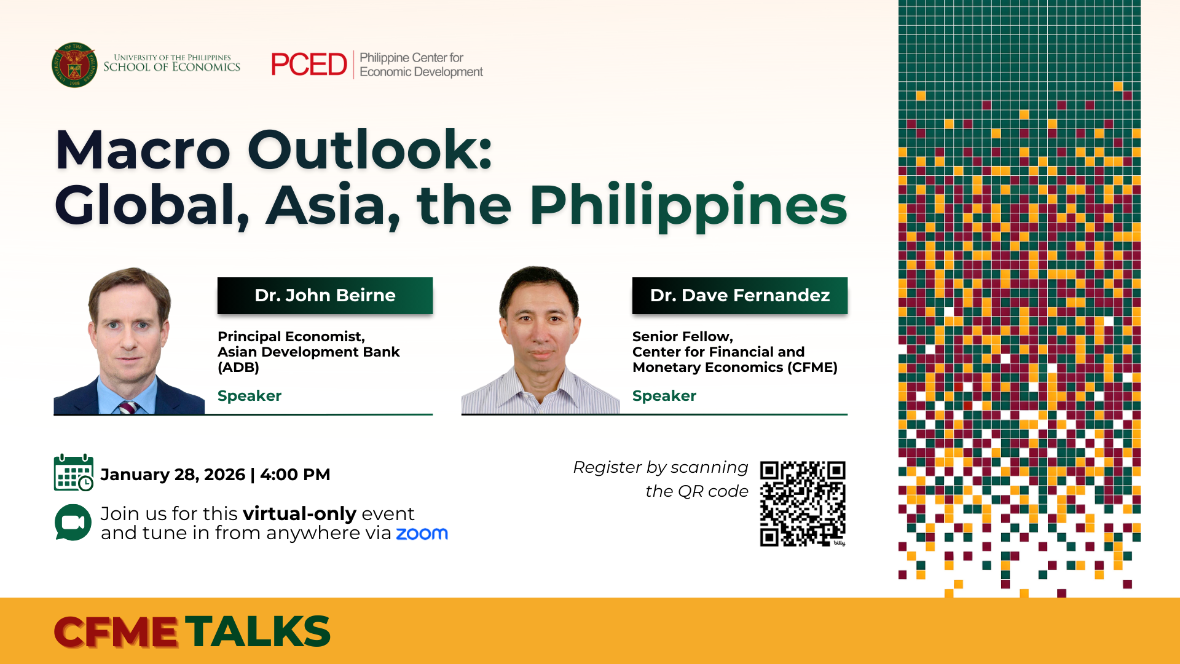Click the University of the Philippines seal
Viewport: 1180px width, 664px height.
(74, 65)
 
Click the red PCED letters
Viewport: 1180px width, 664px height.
(309, 65)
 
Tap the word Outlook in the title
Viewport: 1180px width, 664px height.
(370, 150)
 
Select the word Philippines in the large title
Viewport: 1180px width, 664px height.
(688, 207)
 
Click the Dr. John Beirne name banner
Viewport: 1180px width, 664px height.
(325, 296)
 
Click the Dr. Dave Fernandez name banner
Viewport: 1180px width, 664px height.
(740, 296)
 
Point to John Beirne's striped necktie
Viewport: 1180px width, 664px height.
(128, 407)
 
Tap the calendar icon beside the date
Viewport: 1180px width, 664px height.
(74, 473)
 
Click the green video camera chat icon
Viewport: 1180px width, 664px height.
(73, 523)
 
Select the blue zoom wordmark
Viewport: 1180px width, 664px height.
(422, 534)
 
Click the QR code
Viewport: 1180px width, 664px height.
(803, 504)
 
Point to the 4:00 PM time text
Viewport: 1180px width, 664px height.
(295, 475)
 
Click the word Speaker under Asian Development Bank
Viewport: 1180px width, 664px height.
(250, 396)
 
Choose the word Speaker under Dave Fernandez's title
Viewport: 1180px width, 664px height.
(664, 396)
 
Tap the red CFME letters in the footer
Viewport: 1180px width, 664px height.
(116, 632)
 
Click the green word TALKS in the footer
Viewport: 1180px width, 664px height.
(258, 631)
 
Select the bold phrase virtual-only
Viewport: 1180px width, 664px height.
(300, 513)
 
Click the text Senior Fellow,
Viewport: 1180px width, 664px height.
(683, 337)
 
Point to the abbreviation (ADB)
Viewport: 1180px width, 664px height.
(238, 368)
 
